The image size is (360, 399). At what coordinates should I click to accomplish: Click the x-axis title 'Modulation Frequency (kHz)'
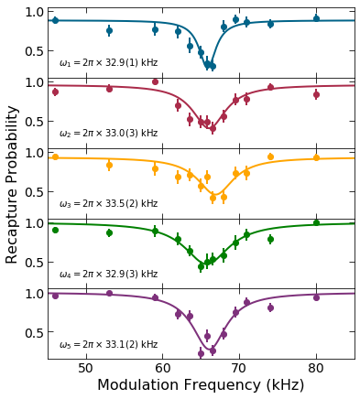click(x=201, y=385)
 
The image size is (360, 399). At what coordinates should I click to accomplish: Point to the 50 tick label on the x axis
click(x=85, y=368)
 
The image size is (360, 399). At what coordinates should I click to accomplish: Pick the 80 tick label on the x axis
click(x=316, y=368)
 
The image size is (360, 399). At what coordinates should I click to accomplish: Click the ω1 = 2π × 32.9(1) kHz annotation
click(x=108, y=63)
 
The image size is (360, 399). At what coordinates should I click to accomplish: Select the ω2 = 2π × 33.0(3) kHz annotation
click(x=108, y=134)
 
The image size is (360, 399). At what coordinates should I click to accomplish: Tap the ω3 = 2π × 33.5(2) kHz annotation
click(x=108, y=204)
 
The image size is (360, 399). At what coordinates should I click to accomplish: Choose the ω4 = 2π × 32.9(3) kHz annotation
click(x=108, y=275)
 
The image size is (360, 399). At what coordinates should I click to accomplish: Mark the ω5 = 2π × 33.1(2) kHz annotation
click(x=108, y=345)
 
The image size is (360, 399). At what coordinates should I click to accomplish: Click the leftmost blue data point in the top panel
click(x=55, y=20)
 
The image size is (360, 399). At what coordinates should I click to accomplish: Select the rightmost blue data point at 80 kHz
click(x=316, y=18)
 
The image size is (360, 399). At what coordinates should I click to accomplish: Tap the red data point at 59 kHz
click(x=155, y=81)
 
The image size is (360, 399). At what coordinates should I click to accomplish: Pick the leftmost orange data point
click(x=55, y=157)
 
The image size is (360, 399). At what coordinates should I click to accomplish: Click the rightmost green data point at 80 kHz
click(x=316, y=222)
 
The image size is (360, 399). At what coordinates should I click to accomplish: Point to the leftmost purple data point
click(x=55, y=296)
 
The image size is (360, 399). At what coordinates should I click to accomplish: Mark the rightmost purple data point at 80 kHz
click(x=316, y=297)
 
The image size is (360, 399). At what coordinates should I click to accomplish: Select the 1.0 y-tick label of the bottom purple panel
click(x=33, y=294)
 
